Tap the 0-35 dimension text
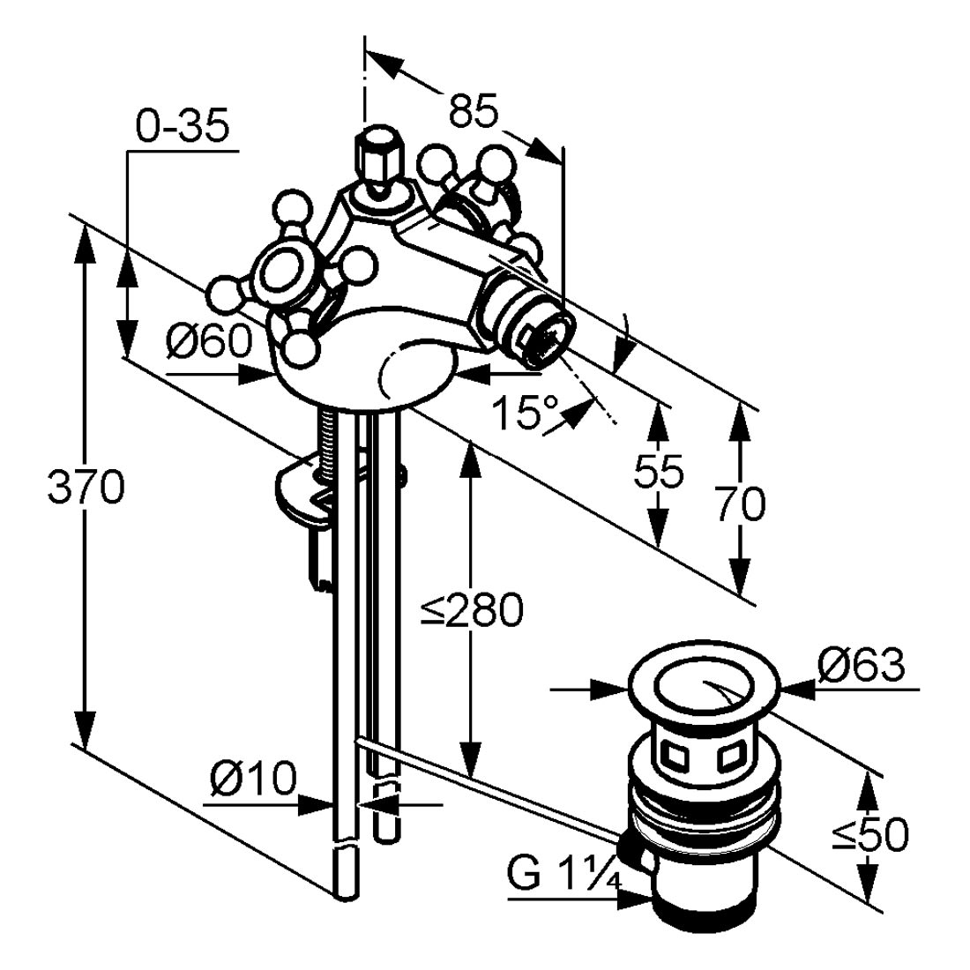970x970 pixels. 182,127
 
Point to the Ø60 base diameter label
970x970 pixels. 210,341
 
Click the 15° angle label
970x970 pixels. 526,413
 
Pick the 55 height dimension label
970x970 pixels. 659,472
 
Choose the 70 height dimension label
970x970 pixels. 740,504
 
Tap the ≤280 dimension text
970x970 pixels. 472,609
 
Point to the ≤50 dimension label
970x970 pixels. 869,835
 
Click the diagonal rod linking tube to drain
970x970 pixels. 489,785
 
